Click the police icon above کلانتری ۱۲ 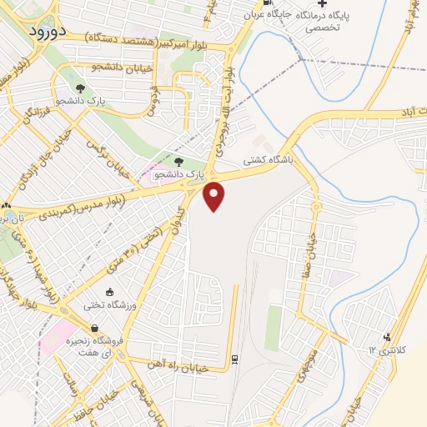pos(385,337)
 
